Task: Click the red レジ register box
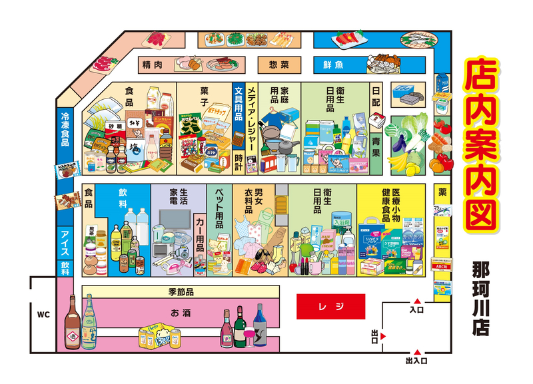click(330, 307)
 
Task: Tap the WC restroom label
click(43, 312)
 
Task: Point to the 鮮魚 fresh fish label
click(332, 65)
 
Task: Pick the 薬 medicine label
click(442, 192)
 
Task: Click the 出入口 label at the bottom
click(416, 361)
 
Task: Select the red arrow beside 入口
click(416, 300)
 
